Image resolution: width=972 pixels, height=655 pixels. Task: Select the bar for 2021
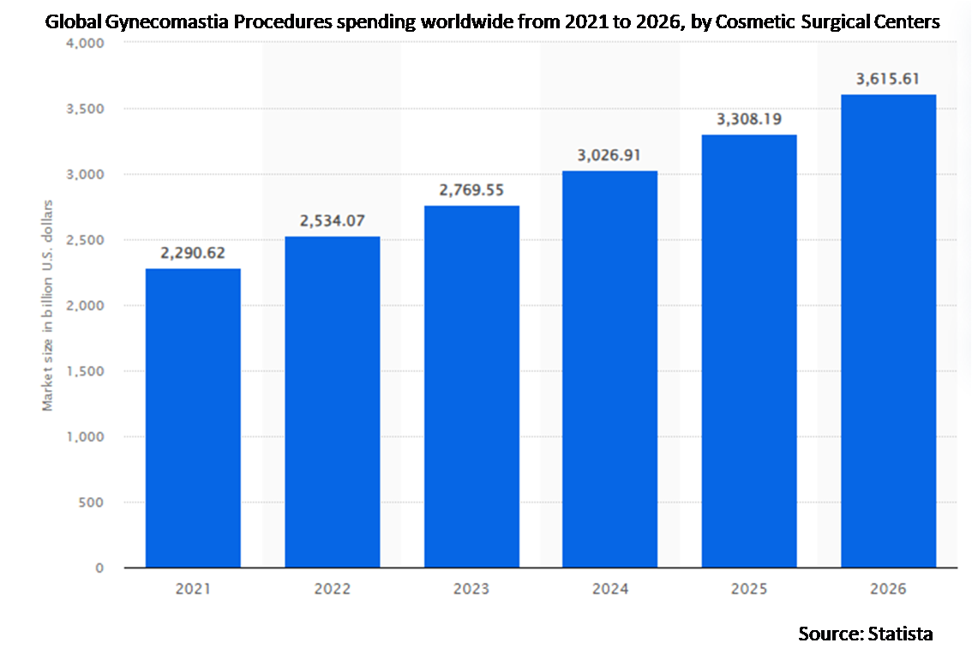pos(193,418)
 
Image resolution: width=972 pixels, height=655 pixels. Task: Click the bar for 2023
pos(471,386)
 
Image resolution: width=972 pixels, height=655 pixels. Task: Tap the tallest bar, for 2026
pos(889,330)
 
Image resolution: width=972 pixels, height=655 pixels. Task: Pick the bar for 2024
pos(610,369)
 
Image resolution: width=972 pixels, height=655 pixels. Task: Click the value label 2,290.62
pos(193,253)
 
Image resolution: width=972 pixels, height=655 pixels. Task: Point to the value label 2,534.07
pos(333,220)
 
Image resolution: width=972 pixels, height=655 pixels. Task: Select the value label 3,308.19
pos(750,119)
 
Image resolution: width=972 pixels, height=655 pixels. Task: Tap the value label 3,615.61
pos(889,79)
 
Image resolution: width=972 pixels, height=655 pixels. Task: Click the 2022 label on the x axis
pos(333,590)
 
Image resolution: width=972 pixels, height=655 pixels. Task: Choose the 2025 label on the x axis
pos(750,590)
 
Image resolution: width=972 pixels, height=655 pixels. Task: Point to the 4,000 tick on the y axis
pos(85,43)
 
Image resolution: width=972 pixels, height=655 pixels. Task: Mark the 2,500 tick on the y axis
pos(85,240)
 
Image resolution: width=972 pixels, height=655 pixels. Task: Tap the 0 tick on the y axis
pos(99,568)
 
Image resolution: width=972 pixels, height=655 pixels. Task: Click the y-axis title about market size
pos(48,305)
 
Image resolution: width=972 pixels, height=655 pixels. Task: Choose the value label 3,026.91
pos(610,155)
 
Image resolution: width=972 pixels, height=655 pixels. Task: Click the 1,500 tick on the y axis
pos(85,371)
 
